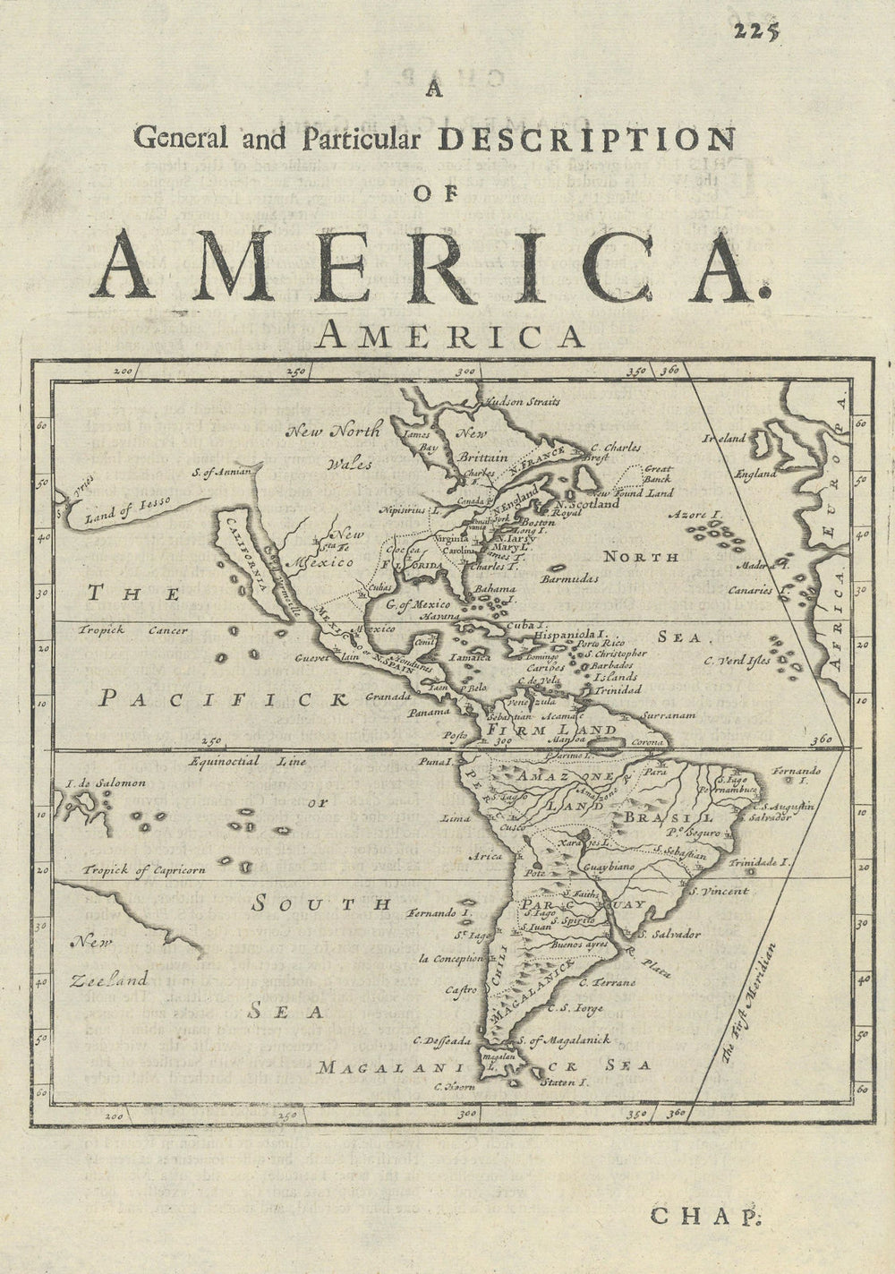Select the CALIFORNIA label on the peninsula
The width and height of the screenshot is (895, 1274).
(248, 554)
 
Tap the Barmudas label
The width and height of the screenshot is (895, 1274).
(571, 579)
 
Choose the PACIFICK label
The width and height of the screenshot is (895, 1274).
(222, 699)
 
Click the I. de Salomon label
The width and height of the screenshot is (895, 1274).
(106, 783)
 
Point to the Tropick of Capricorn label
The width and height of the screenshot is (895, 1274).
(146, 869)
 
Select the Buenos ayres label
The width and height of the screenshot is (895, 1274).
(580, 944)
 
